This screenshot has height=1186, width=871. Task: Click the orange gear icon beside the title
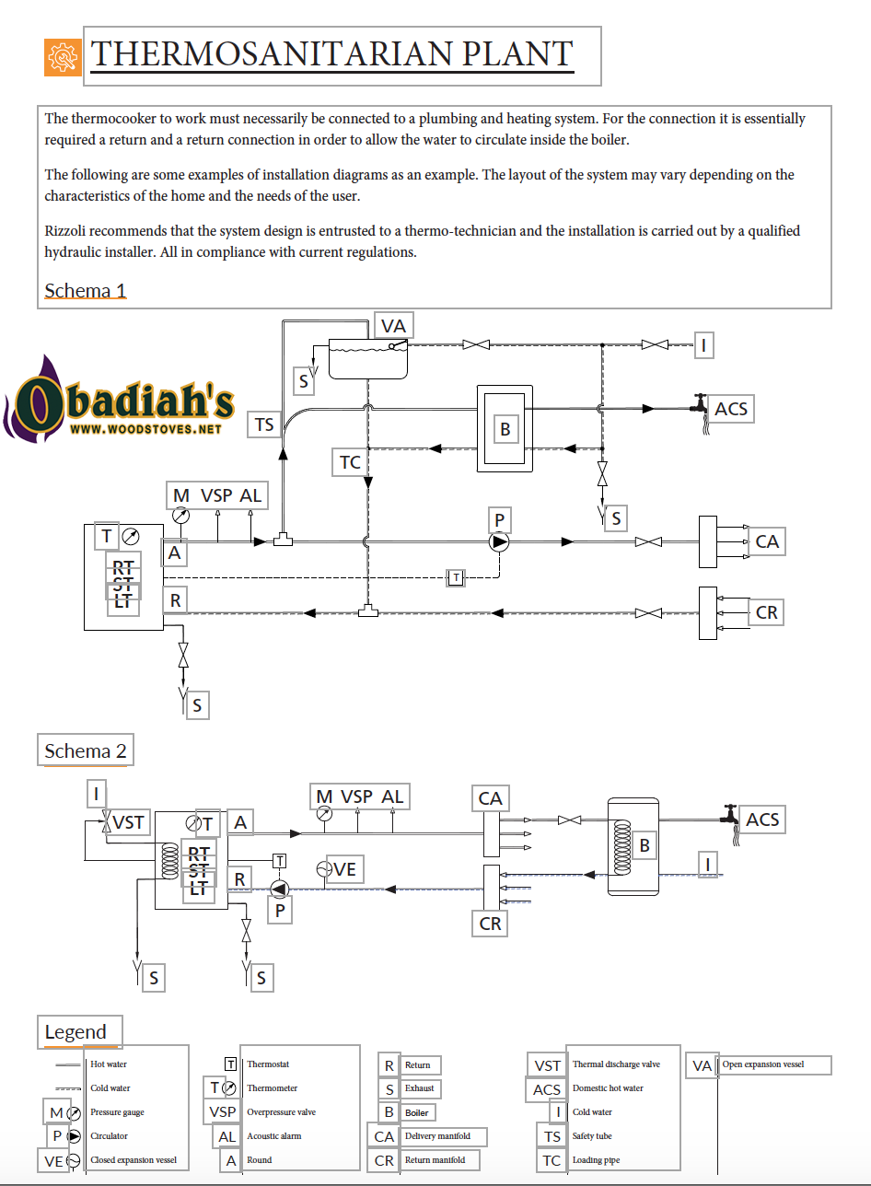point(63,57)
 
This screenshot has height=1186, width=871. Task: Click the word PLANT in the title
point(517,53)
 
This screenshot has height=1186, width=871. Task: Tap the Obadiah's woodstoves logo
point(119,400)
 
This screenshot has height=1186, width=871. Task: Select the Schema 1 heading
point(86,291)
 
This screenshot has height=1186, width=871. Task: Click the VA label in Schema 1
point(393,326)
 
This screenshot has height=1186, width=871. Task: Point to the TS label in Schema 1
point(264,424)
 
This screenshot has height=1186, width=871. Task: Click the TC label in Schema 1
point(350,462)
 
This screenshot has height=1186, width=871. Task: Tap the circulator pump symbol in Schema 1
point(499,542)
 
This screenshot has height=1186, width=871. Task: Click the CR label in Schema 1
point(766,612)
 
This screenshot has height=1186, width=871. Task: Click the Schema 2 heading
point(86,750)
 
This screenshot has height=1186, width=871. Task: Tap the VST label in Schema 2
point(128,822)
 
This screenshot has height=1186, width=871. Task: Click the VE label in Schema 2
point(344,869)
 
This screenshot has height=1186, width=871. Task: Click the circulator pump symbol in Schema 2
point(280,889)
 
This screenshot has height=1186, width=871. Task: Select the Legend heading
point(75,1032)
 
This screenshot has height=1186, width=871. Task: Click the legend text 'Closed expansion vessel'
point(134,1159)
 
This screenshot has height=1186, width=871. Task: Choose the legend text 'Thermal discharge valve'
point(616,1064)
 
